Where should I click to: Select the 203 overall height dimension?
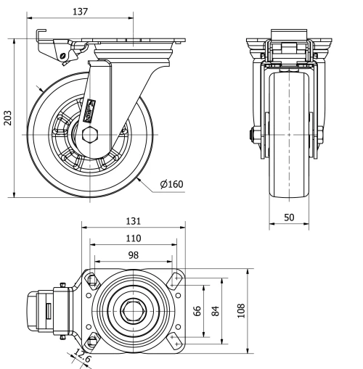click(x=8, y=117)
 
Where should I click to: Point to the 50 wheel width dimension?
click(x=288, y=217)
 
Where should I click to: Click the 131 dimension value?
click(x=131, y=221)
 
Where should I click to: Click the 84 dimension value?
click(x=216, y=310)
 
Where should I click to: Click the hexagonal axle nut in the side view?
click(x=89, y=135)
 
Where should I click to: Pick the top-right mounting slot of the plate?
click(x=175, y=278)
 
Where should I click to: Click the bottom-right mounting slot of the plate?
click(x=175, y=342)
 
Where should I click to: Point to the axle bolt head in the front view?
click(x=251, y=136)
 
